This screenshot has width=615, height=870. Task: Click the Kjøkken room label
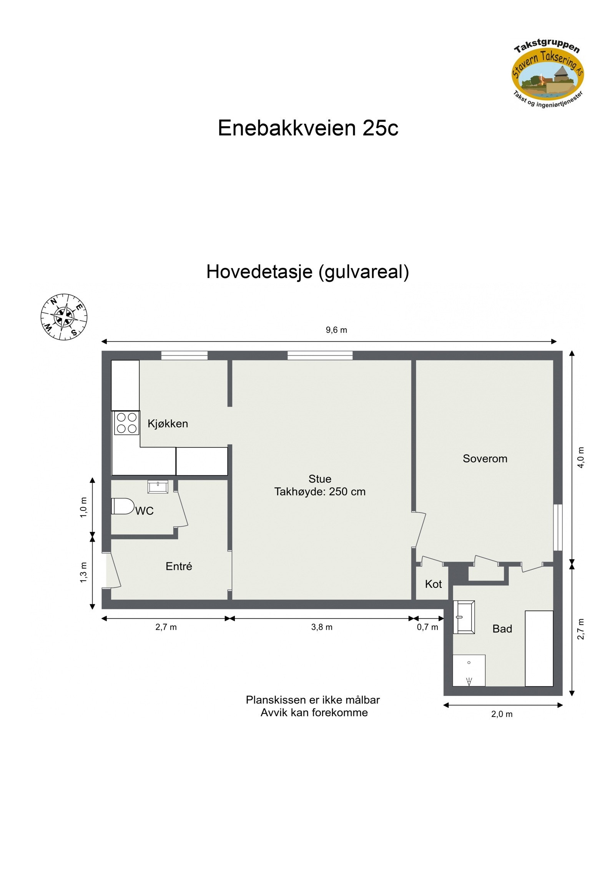point(168,424)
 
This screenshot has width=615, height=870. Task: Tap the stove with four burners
point(126,423)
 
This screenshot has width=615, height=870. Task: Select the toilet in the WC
point(122,506)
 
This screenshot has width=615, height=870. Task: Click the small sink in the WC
point(158,487)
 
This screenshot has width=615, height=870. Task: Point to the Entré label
point(179,566)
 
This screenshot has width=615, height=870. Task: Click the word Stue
point(319,479)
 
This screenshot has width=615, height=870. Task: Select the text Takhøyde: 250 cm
point(319,492)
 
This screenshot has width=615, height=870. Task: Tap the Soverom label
point(485,459)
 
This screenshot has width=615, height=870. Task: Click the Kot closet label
point(433,584)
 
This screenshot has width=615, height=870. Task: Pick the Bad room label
point(502,629)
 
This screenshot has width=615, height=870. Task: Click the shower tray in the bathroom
point(469,670)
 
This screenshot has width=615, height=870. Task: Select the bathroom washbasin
point(464,617)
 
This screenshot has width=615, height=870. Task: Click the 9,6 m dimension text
point(336,330)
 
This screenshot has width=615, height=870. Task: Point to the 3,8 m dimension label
point(322,627)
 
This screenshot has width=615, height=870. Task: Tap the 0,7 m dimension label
point(427,627)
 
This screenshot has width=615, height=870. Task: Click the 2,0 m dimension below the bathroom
point(502,714)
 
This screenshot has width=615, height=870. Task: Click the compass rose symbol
point(64,317)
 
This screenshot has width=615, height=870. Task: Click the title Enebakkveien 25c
point(308,128)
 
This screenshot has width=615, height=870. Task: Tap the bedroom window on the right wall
point(557,527)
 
